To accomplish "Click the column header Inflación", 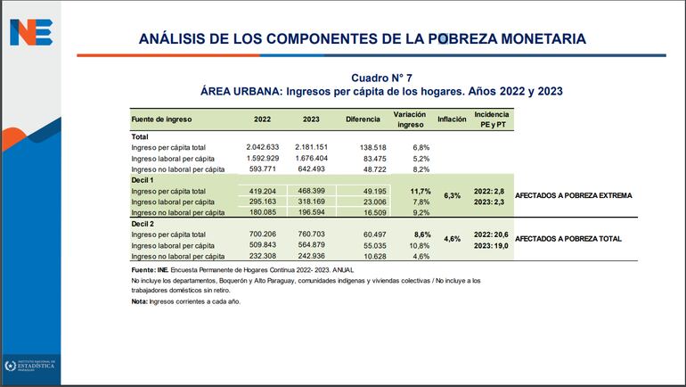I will (x=452, y=119).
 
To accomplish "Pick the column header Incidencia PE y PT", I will (x=491, y=119).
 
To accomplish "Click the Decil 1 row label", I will (x=143, y=180).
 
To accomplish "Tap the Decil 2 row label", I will (x=143, y=222).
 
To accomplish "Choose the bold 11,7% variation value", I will (x=420, y=191).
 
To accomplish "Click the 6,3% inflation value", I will (x=452, y=195).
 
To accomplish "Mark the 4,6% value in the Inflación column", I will (x=452, y=239).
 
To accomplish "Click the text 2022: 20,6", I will (x=491, y=234).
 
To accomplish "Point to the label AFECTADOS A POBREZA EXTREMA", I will (x=573, y=195).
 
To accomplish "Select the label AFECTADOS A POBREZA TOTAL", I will (x=568, y=239).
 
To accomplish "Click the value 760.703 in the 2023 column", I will (x=312, y=234).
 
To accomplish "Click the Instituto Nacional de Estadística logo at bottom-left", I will (x=30, y=366).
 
